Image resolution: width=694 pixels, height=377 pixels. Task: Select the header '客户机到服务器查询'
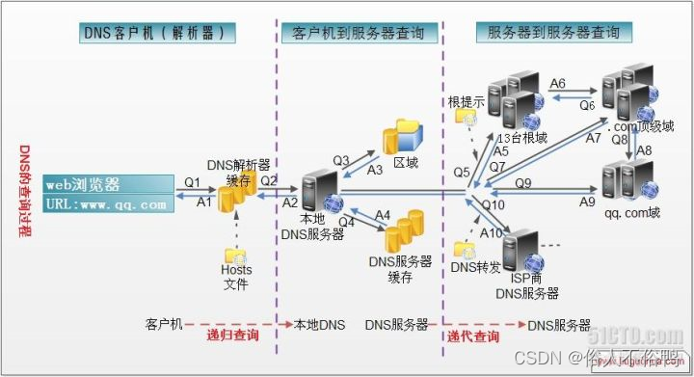coord(359,32)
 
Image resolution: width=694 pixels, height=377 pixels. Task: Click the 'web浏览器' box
coord(97,184)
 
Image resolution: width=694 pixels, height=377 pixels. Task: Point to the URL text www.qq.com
coord(120,204)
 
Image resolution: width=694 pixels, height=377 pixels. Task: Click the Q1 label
coord(192,181)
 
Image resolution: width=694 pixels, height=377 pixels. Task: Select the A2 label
coord(290,202)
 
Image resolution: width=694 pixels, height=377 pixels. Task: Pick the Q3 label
coord(341,159)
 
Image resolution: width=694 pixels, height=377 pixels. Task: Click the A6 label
coord(558,84)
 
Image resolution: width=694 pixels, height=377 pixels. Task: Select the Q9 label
coord(522,182)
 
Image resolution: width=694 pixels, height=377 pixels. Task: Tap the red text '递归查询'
coord(232,336)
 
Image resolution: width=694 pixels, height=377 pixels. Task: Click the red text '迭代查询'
coord(473,336)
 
